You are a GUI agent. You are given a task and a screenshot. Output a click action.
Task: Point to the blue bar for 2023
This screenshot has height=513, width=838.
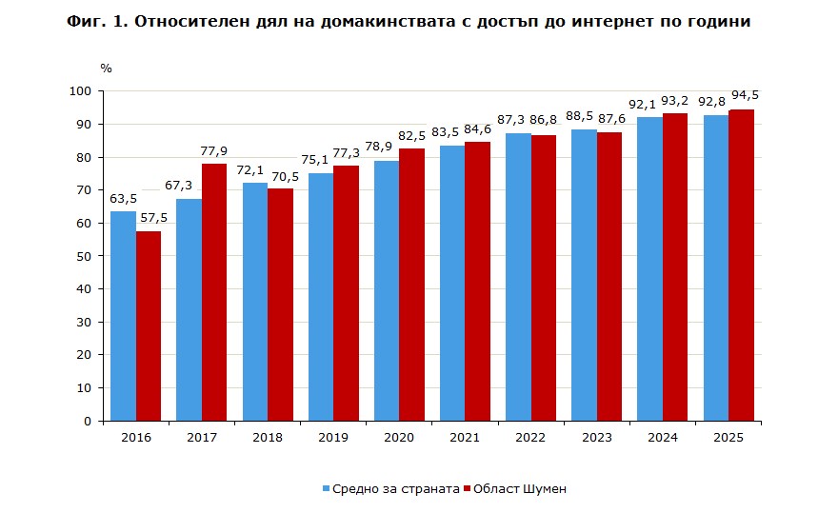(x=584, y=275)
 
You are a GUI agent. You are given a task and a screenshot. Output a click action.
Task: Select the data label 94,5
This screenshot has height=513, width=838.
(x=745, y=96)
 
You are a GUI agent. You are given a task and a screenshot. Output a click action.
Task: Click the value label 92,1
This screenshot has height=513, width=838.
(x=648, y=104)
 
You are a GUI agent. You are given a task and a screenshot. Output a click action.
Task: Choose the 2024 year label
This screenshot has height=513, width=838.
(x=661, y=437)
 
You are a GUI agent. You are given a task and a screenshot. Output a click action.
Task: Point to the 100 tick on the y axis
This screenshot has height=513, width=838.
(x=81, y=91)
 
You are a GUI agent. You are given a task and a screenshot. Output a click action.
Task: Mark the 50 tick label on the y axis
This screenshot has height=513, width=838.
(x=84, y=256)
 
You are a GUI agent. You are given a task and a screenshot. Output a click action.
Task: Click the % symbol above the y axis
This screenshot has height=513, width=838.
(x=106, y=69)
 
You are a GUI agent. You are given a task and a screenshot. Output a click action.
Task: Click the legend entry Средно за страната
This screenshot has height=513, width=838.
(x=390, y=488)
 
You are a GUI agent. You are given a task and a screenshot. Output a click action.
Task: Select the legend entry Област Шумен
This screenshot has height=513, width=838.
(x=519, y=488)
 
